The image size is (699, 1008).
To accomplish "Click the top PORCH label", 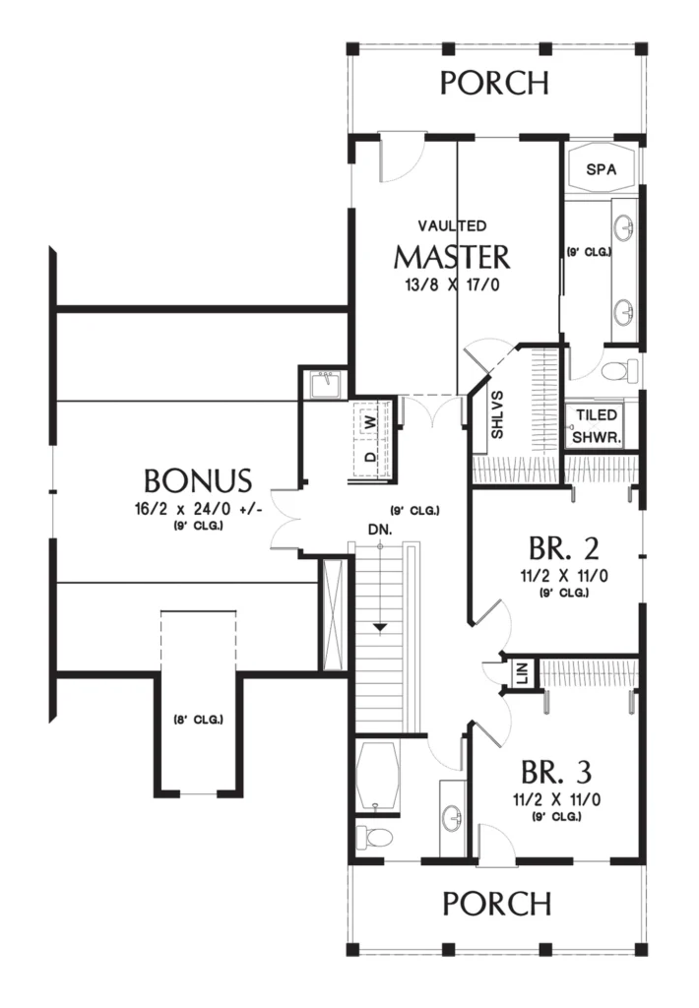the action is tap(494, 83).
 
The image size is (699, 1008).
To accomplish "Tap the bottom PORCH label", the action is tap(497, 904).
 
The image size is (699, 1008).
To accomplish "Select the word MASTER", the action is tap(452, 257).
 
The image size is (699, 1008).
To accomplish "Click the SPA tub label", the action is tap(602, 169).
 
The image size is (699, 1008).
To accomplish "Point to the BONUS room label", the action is tap(198, 480).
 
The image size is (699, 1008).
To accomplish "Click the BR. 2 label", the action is tap(564, 548).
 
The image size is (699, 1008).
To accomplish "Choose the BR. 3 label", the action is tap(556, 772).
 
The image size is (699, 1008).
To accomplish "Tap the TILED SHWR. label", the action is tap(597, 426).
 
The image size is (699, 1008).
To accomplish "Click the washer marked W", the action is tap(371, 422).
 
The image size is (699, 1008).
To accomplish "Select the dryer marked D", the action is tap(371, 457).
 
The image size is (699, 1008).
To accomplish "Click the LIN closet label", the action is tap(522, 674).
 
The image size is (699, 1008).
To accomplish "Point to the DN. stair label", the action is tap(380, 530).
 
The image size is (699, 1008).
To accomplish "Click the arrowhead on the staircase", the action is tap(381, 626).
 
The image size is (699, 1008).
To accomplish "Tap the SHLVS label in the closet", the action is tap(497, 414).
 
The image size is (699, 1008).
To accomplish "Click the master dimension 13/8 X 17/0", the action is tap(452, 284).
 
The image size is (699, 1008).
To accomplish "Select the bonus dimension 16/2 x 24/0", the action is tap(199, 509).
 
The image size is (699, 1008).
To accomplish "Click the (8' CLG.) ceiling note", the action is tap(199, 720).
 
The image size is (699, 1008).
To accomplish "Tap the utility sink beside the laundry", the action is tap(325, 386).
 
